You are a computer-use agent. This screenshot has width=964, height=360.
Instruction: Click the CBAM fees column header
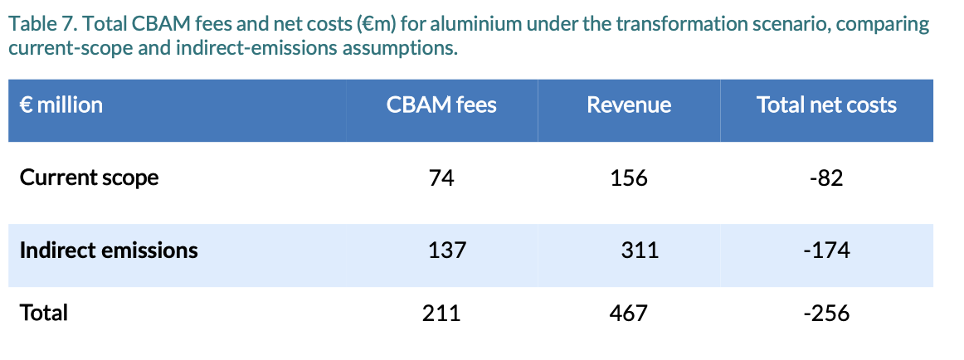441,105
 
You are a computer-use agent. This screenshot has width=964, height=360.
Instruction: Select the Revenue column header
629,105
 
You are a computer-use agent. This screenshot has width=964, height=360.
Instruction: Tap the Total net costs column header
826,105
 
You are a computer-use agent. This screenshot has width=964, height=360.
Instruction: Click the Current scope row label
89,178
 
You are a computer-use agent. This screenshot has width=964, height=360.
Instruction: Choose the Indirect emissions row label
109,250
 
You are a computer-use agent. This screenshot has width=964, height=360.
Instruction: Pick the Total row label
44,313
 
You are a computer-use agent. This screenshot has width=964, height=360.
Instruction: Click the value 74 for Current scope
442,178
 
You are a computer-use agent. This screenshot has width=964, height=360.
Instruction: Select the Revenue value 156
629,178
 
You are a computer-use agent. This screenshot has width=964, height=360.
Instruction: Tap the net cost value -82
826,178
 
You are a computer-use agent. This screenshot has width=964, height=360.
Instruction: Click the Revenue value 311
640,250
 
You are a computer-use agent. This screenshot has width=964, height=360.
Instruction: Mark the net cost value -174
826,250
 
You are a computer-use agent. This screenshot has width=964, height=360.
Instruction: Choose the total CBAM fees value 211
441,314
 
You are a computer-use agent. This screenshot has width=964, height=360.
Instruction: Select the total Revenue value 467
628,314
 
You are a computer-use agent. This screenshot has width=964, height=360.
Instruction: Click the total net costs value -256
826,314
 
